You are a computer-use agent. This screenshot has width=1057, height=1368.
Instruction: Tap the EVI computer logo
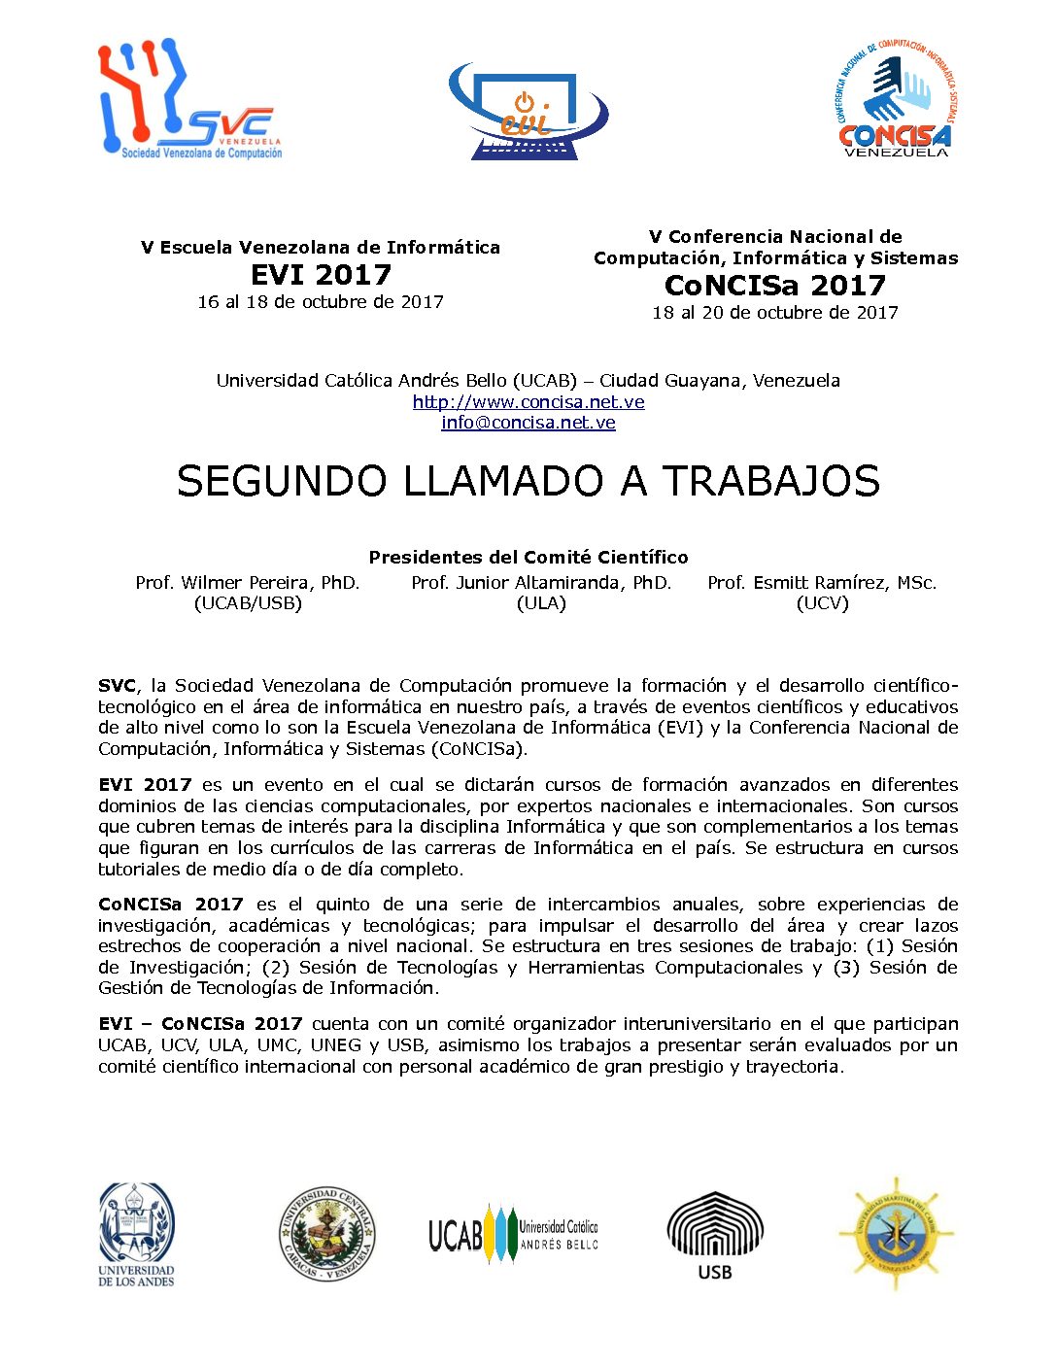coord(528,112)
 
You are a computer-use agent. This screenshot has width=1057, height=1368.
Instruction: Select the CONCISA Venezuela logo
coord(895,98)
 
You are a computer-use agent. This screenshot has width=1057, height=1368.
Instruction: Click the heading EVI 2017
coord(321,275)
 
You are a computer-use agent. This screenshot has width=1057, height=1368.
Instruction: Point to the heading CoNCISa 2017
coord(775,286)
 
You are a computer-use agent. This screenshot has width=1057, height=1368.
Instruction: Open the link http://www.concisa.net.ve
coord(528,402)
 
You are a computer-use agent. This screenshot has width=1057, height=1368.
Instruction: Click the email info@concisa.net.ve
coord(528,423)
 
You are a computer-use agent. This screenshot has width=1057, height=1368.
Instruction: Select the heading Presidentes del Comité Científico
coord(528,558)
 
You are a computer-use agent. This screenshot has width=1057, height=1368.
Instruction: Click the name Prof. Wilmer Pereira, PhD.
coord(248,583)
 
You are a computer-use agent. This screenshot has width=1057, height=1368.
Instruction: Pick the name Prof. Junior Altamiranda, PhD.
coord(541,583)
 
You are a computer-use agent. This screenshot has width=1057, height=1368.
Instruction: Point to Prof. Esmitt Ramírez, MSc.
coord(822,583)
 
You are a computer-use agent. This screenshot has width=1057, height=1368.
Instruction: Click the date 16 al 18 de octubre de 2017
coord(321,302)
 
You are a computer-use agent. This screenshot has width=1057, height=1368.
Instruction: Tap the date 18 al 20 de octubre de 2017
coord(775,313)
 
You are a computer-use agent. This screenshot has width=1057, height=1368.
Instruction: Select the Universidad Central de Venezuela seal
coord(326,1234)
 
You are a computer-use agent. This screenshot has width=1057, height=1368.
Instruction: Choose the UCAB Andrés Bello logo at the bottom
coord(513,1235)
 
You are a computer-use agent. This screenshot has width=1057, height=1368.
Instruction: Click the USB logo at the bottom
coord(715,1235)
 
